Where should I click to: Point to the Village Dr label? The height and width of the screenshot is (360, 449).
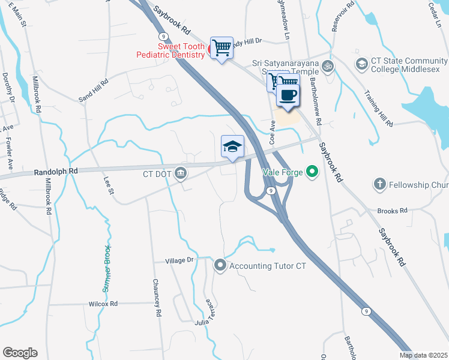pos(181,260)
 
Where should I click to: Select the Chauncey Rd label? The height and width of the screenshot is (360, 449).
pos(157,298)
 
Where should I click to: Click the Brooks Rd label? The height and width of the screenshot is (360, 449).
pos(393,211)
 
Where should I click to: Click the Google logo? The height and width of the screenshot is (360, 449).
pos(20,353)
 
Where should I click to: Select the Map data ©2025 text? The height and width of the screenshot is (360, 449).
pos(423,355)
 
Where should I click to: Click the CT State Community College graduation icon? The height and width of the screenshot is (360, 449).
pos(361,64)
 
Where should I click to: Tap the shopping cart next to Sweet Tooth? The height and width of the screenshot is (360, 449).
pos(221,48)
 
